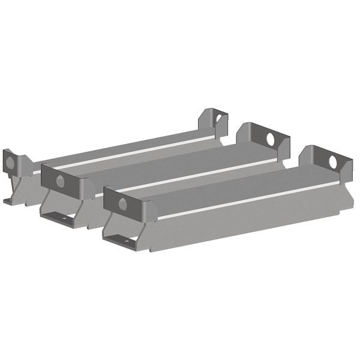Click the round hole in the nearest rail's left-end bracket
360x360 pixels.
point(123,204)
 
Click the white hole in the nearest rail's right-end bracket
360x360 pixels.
point(332,162)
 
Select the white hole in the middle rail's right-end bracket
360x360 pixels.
point(270,139)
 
